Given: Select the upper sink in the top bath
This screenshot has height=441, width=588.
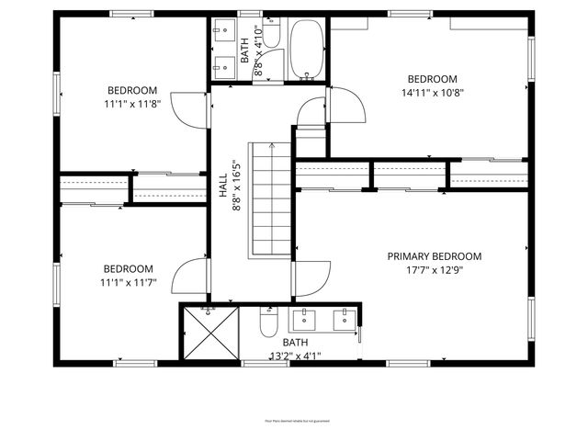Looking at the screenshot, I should pos(221,32).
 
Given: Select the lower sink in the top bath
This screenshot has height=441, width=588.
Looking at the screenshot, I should pos(221,64).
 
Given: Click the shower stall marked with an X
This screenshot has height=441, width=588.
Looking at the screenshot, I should pos(209,332).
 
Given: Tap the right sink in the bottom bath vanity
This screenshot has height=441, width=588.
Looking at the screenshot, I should pos(345,319).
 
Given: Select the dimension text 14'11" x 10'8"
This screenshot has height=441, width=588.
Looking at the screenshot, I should pos(432,92).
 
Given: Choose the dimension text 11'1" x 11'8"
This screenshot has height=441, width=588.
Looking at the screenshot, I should pos(132,104).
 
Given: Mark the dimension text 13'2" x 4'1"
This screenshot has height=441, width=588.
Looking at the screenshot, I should pos(295,356).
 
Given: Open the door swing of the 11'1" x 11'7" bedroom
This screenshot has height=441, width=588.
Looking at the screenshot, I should pos(190,276).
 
